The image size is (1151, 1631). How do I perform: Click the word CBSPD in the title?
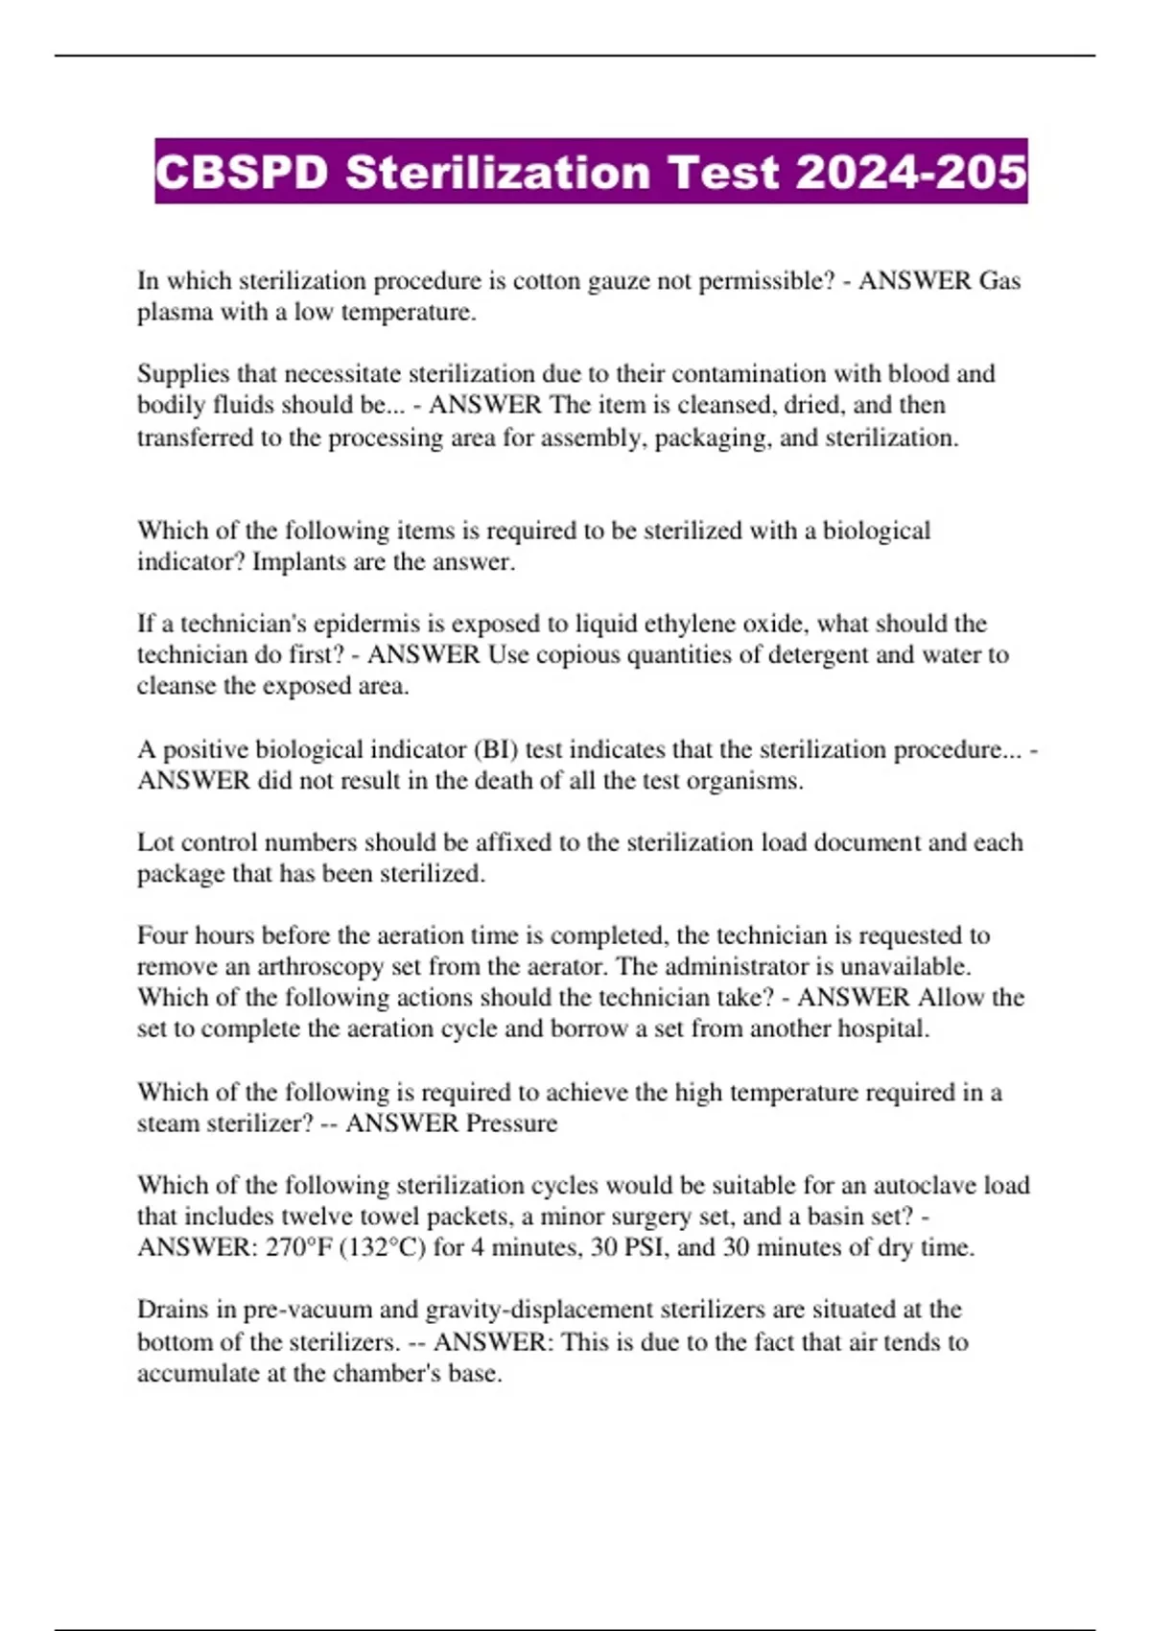[x=241, y=173]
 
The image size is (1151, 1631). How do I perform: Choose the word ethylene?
[x=738, y=625]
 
